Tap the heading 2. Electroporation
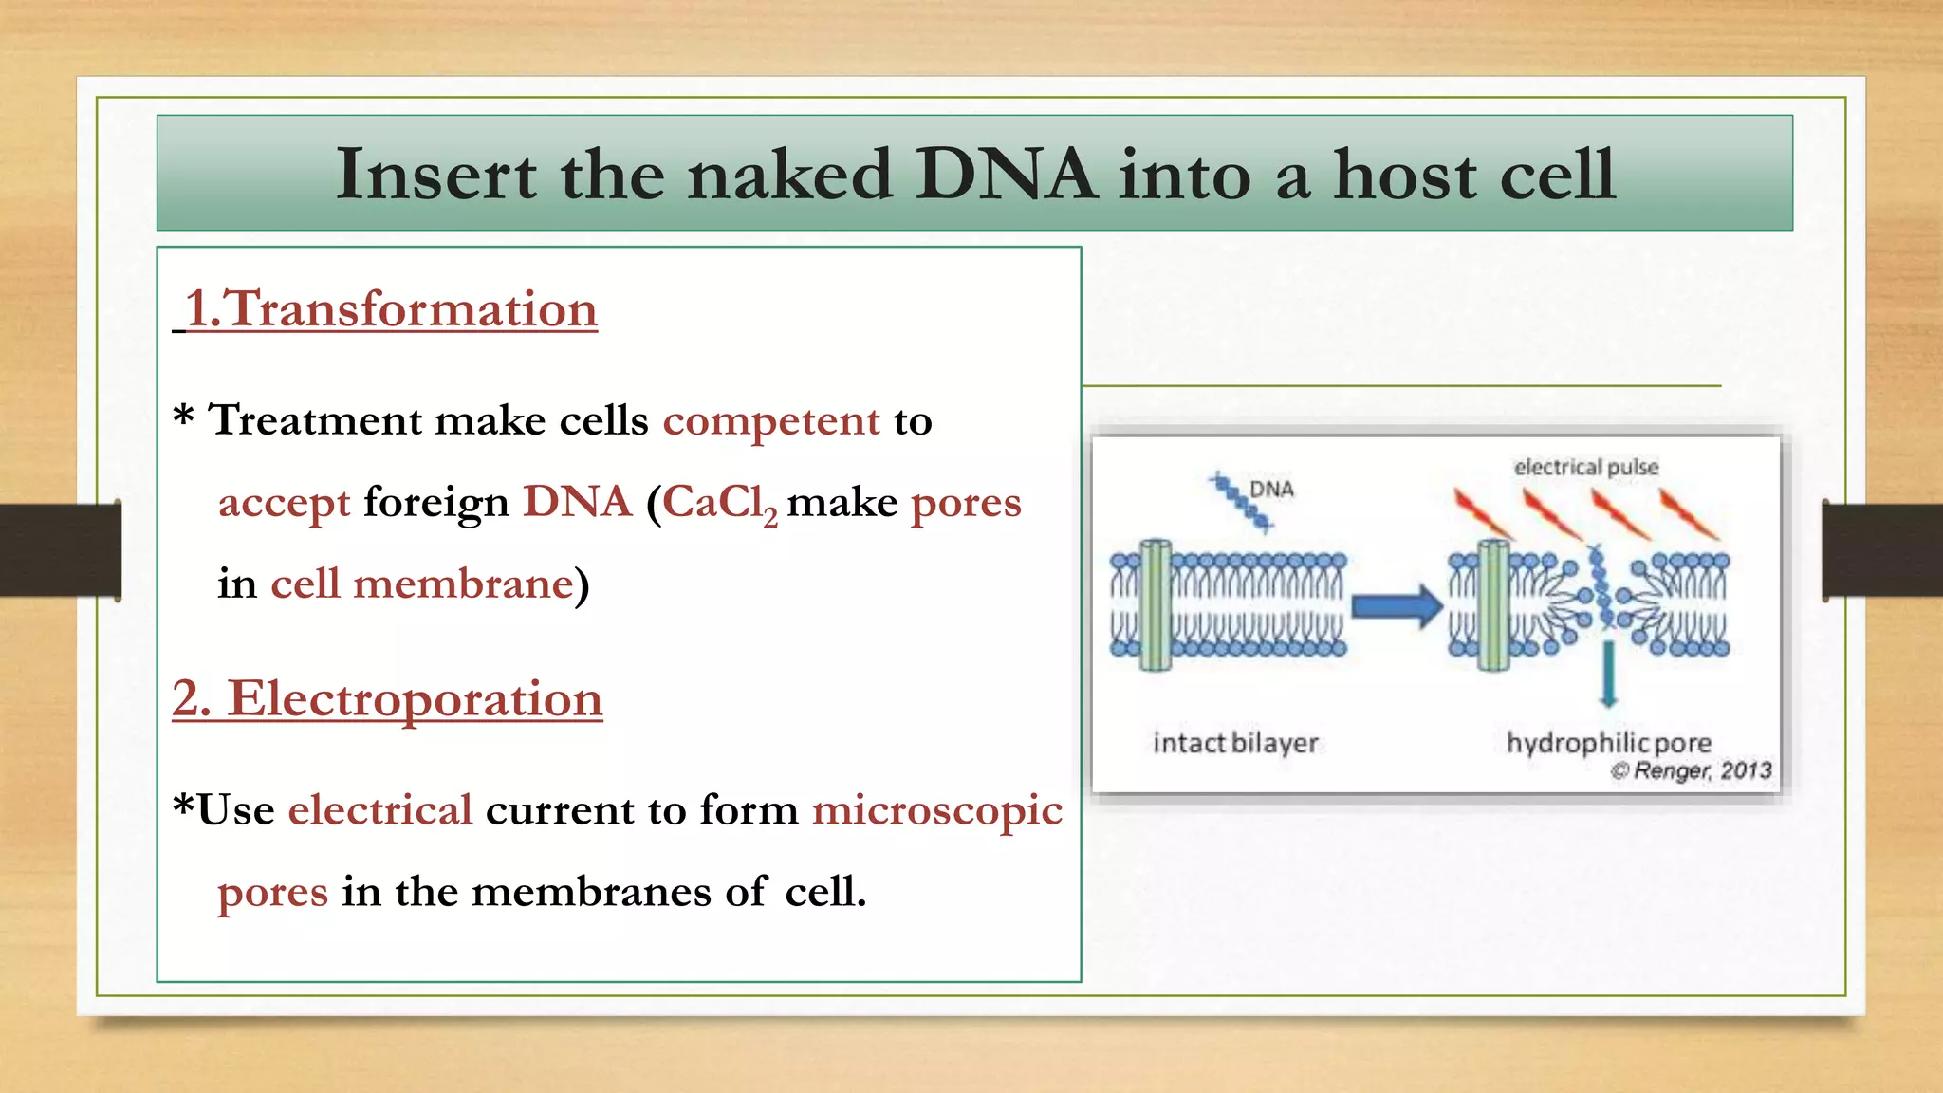(x=387, y=698)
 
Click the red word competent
(x=770, y=420)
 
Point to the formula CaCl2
(x=717, y=503)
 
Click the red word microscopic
(x=936, y=810)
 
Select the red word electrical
(x=379, y=810)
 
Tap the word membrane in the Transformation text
(x=463, y=584)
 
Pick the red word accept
(x=284, y=503)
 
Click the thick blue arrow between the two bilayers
(x=1396, y=606)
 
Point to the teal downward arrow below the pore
(x=1608, y=675)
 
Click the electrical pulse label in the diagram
(x=1585, y=467)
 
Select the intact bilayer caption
(x=1235, y=742)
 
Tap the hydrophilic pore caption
(x=1608, y=742)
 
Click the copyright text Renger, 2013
(x=1692, y=770)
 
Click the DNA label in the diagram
(x=1271, y=489)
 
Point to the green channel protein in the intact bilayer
(x=1155, y=605)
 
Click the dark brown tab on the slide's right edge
(x=1882, y=549)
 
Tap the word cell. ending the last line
(x=824, y=892)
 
